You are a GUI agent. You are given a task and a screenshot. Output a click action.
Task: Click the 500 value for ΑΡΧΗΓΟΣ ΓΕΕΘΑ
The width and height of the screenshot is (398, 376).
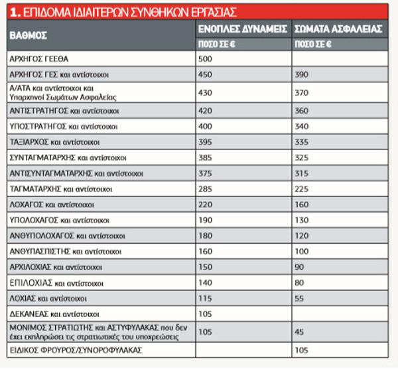[206, 58]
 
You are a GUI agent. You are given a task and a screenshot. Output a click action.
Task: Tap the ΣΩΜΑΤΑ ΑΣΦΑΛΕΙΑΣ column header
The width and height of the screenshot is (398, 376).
[337, 29]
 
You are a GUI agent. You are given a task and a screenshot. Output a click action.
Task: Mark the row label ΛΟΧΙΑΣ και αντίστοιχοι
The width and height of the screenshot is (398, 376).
[56, 298]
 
